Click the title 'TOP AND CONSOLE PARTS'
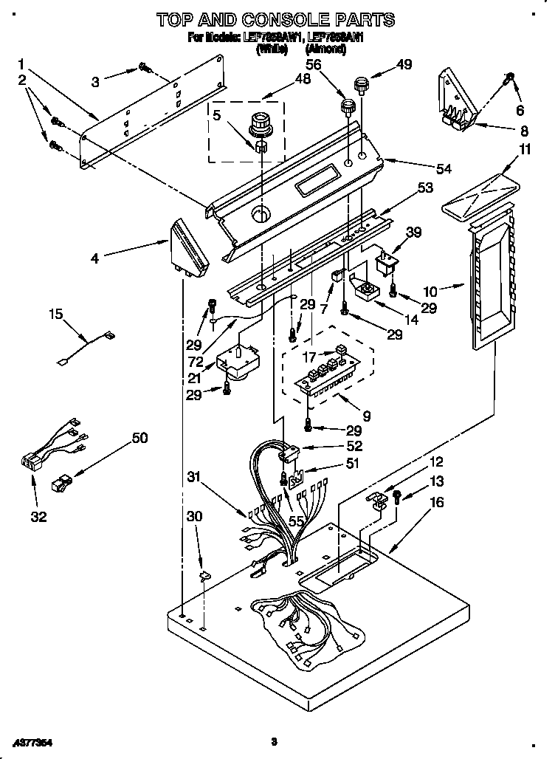pyautogui.click(x=277, y=19)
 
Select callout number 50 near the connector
pyautogui.click(x=139, y=438)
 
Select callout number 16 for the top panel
pyautogui.click(x=436, y=503)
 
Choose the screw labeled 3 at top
pyautogui.click(x=144, y=69)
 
